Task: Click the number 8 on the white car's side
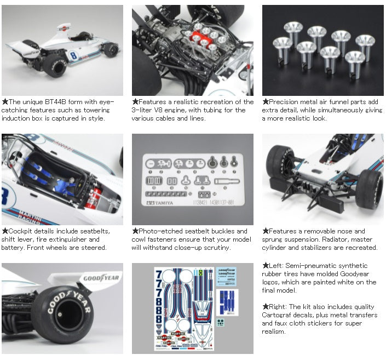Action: point(73,55)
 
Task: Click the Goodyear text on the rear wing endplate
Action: point(101,278)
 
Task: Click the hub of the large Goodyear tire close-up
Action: point(60,315)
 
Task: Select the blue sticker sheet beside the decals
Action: point(227,302)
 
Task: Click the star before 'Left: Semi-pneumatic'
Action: point(266,265)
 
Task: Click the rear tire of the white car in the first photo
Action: point(55,66)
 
